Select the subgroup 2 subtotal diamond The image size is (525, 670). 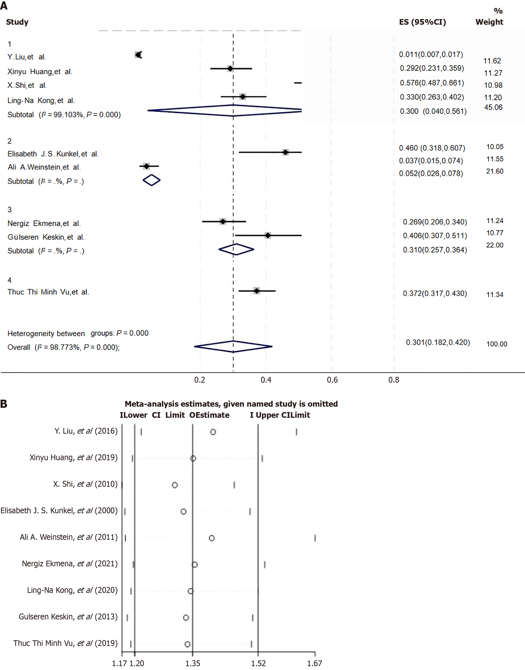point(151,180)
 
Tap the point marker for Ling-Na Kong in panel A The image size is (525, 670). point(243,97)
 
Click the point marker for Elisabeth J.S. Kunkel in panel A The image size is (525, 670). point(286,152)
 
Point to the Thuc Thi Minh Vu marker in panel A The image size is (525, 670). point(257,291)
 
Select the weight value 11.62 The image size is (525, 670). point(492,61)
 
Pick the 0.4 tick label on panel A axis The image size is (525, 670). point(266,380)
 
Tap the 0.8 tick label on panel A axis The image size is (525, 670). point(394,380)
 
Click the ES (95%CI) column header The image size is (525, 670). point(422,22)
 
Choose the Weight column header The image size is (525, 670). point(489,22)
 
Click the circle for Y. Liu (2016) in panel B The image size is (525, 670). point(213,432)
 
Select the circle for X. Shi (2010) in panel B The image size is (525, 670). point(175,485)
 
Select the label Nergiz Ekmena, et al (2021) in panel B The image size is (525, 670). point(70,564)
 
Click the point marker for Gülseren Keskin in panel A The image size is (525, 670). point(268,235)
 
